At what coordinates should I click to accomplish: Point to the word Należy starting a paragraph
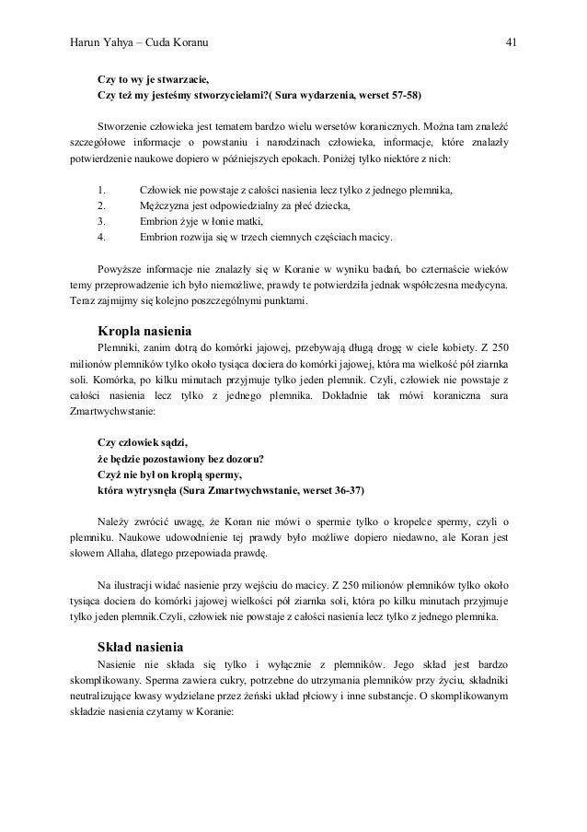click(x=114, y=524)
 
